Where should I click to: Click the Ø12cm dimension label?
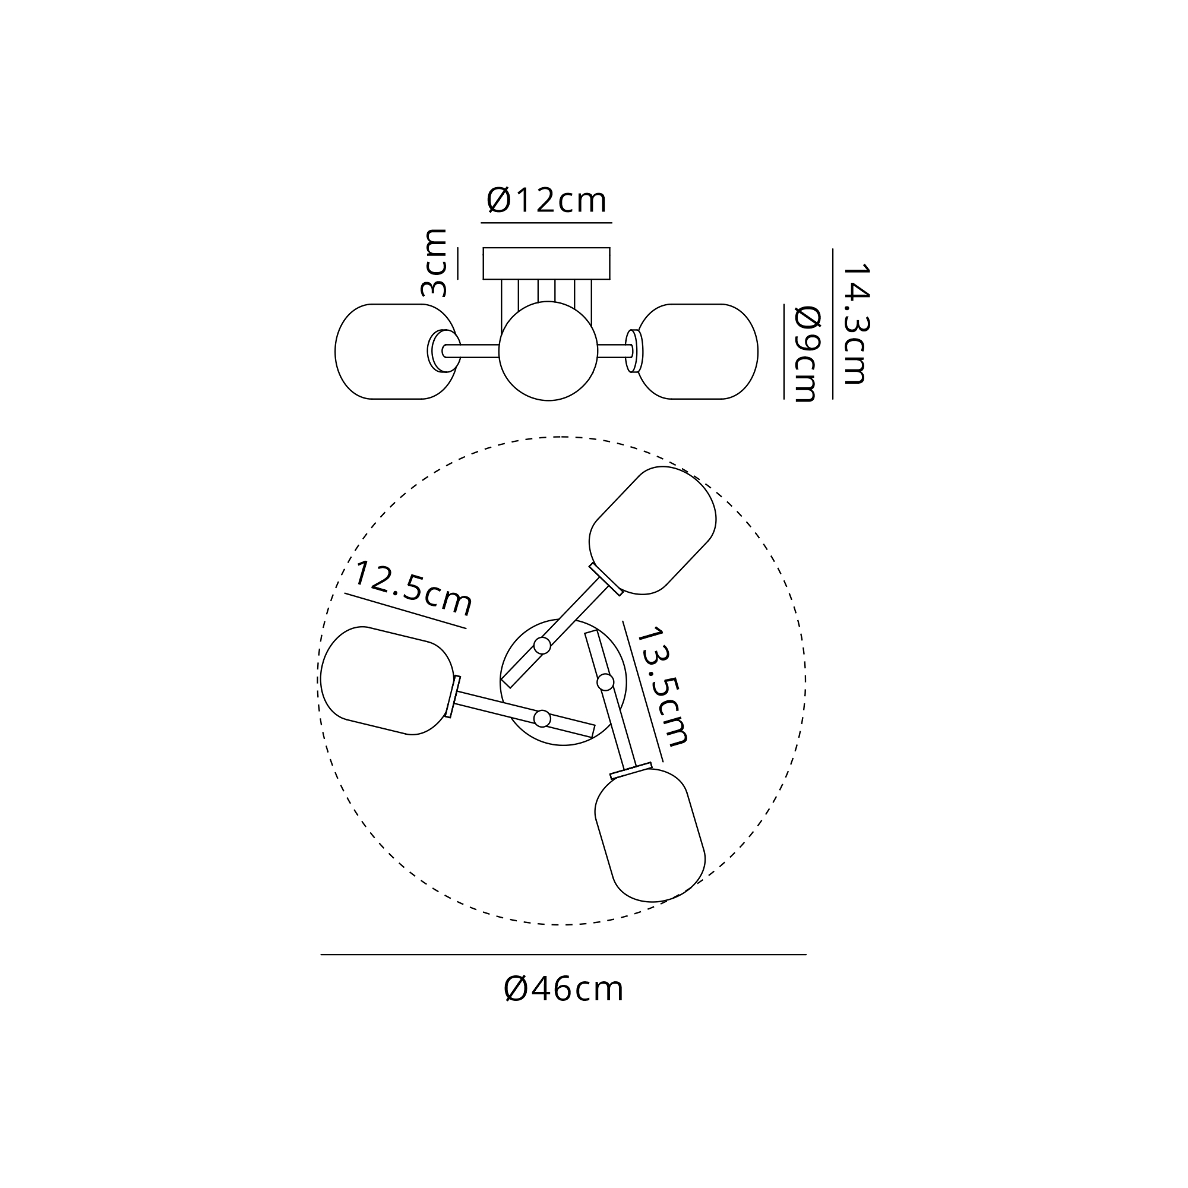[x=546, y=200]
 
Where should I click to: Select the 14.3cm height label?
[x=855, y=324]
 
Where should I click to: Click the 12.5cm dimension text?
[x=412, y=587]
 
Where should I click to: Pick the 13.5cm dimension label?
[x=662, y=686]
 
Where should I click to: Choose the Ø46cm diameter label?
[x=563, y=990]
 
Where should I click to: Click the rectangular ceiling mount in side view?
[x=546, y=263]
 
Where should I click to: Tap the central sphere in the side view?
[x=548, y=351]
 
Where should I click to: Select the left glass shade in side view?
[x=397, y=352]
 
